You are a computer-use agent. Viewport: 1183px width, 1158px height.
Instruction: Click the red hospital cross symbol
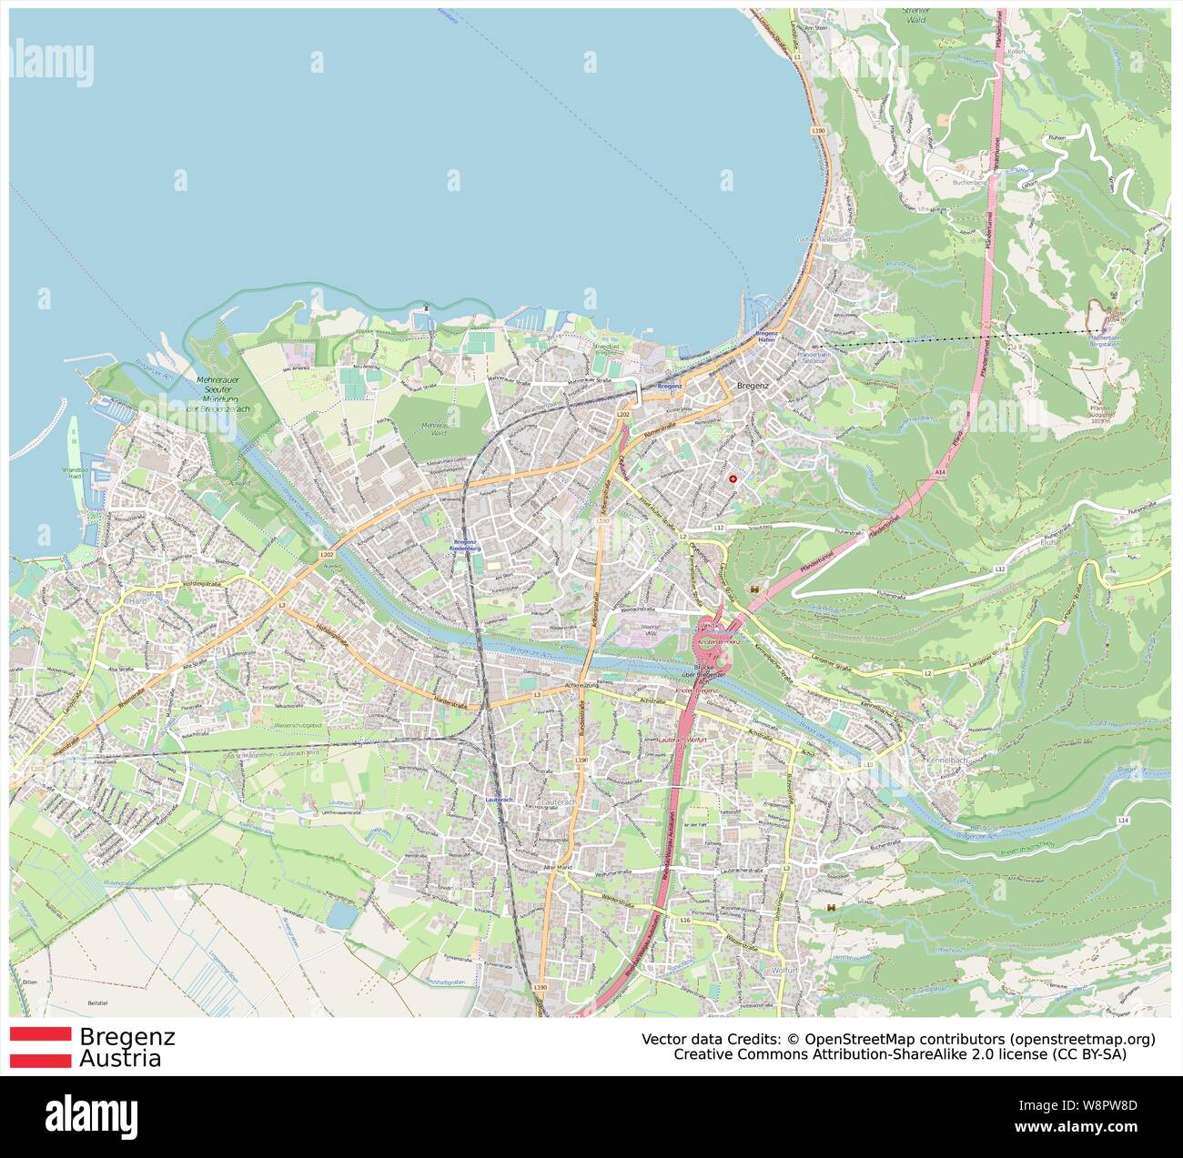733,478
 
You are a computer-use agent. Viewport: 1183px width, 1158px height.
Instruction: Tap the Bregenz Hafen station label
766,337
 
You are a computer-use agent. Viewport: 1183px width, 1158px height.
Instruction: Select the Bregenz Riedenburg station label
466,546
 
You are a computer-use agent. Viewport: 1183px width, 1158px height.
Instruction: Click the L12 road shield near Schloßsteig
718,528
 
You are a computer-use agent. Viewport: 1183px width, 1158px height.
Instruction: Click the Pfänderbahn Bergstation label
1104,339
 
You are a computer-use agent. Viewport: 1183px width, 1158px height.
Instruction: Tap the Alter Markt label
556,869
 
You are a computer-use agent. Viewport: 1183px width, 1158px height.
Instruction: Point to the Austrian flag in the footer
40,1047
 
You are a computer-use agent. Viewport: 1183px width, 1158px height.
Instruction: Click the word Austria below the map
120,1059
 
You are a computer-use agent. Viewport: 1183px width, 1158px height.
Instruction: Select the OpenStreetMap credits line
898,1039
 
